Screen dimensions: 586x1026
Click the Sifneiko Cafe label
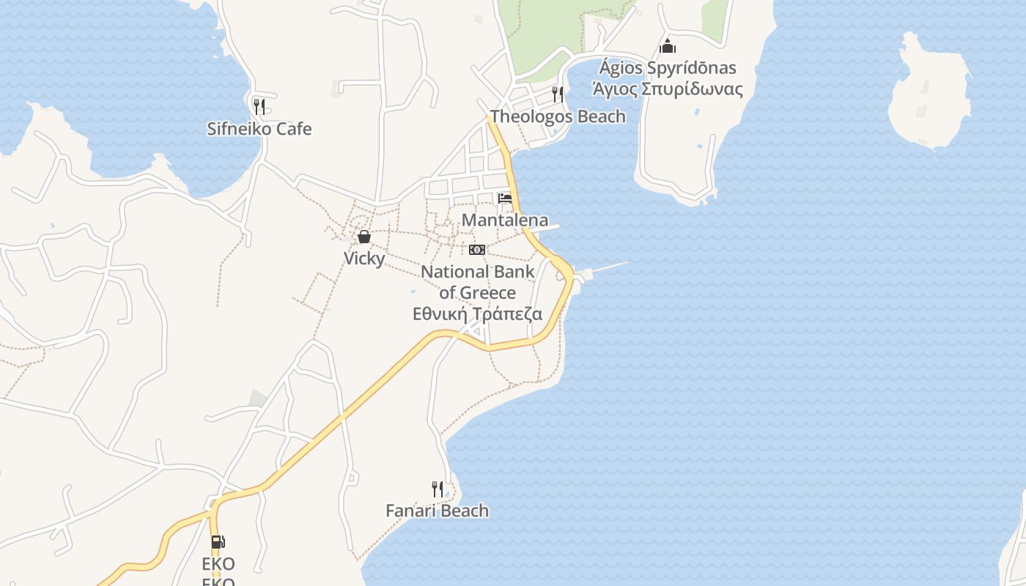coord(259,129)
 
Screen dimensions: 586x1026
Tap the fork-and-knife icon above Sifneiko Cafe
coord(259,107)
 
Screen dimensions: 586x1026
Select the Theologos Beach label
coord(558,116)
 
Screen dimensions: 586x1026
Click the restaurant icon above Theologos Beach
coord(558,94)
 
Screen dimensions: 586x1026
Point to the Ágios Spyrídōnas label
coord(668,68)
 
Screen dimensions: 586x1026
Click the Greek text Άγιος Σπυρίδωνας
coord(668,90)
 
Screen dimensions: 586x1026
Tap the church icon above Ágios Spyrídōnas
coord(668,46)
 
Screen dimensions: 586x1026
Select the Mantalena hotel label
coord(505,220)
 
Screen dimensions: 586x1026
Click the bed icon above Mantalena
coord(505,199)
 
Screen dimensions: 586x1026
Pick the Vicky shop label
coord(364,258)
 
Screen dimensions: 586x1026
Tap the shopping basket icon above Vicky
coord(363,237)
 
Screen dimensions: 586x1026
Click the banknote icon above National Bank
coord(477,250)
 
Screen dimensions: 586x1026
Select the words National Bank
coord(478,272)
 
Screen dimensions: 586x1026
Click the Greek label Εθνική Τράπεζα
coord(478,314)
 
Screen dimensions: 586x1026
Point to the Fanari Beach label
coord(438,511)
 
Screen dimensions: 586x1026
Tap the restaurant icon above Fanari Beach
coord(438,489)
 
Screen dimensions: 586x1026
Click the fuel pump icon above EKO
coord(218,542)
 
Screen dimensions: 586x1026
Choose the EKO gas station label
coord(218,564)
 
